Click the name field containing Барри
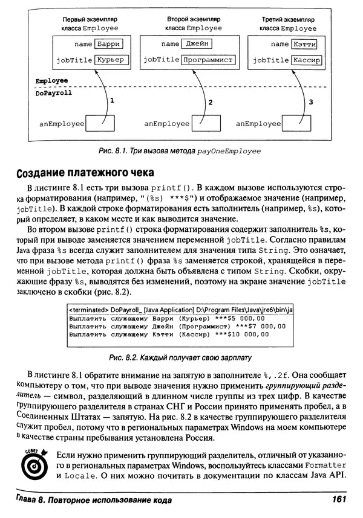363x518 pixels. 108,44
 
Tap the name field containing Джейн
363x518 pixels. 198,44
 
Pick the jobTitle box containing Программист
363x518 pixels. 209,60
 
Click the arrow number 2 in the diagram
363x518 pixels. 210,103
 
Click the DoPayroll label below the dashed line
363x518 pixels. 54,94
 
